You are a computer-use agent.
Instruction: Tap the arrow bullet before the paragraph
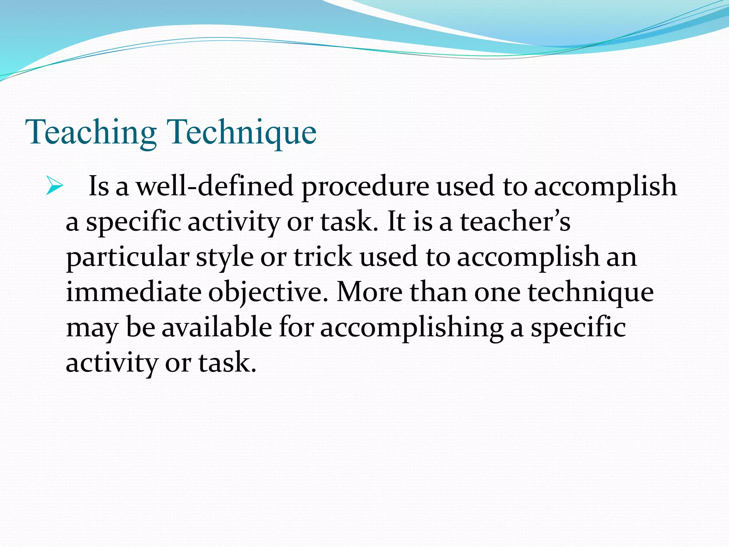pos(54,186)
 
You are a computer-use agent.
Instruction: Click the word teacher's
pos(515,222)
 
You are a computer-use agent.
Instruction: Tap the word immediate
pos(133,292)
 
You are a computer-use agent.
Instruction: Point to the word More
pos(369,292)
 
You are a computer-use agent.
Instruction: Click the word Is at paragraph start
pos(98,186)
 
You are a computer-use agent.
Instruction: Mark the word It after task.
pos(396,222)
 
